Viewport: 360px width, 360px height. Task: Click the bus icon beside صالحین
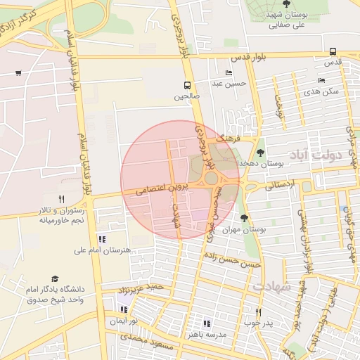[x=188, y=84]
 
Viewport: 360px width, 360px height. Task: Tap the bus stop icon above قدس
[x=333, y=51]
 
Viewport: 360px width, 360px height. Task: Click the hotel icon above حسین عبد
[x=229, y=73]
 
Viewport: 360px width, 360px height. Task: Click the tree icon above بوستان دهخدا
[x=261, y=152]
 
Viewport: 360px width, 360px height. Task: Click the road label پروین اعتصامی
[x=150, y=190]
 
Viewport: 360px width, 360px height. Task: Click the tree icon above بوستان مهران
[x=244, y=218]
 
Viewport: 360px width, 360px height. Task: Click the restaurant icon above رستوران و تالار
[x=61, y=199]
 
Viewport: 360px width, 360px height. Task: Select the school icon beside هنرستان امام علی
[x=102, y=239]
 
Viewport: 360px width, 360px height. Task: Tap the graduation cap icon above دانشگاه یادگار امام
[x=55, y=279]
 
